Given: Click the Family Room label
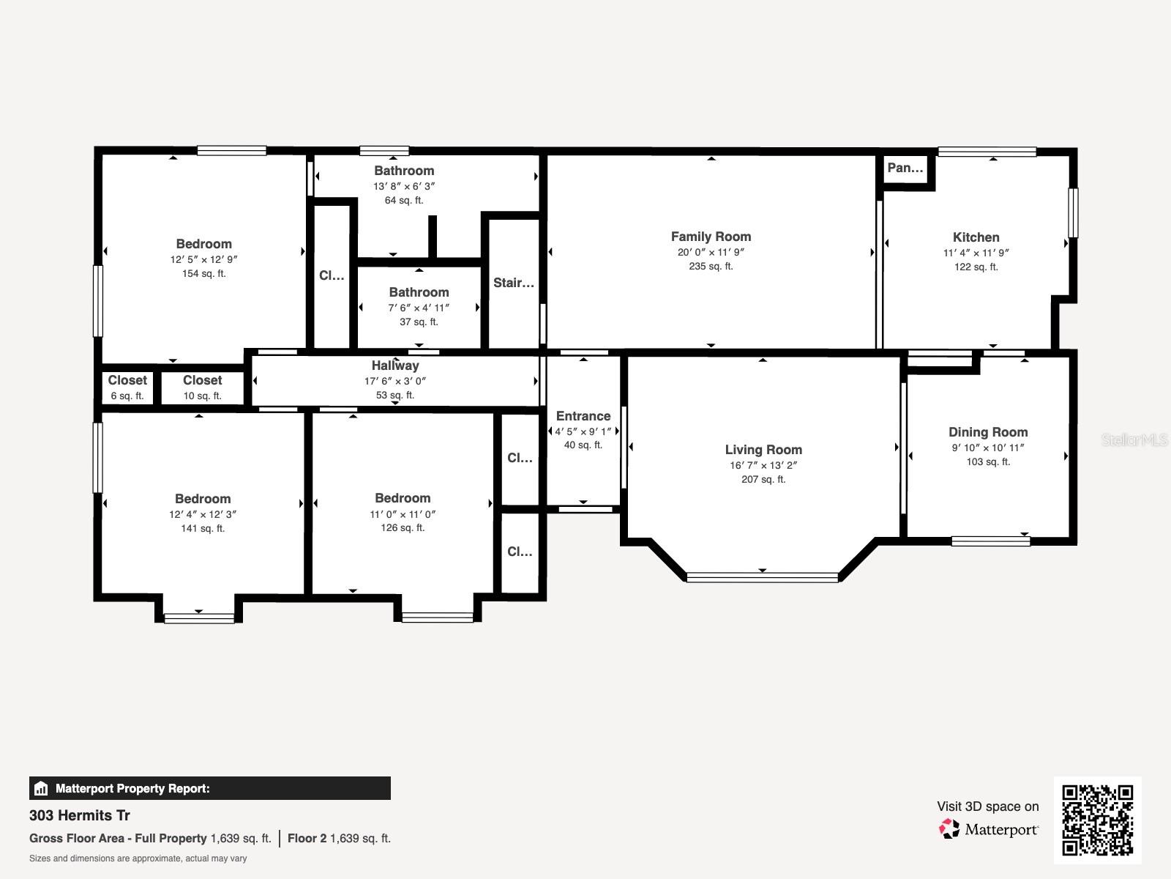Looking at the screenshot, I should pos(711,237).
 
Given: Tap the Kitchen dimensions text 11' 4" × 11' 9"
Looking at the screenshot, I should pos(976,253).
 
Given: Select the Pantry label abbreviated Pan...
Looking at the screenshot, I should pos(905,168).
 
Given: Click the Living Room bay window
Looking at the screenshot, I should pos(762,577).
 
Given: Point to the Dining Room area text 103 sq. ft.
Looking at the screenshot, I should pos(988,461).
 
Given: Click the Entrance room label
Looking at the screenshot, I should pos(583,416).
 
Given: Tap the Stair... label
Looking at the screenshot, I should pos(513,283).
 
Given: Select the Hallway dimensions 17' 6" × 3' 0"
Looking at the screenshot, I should pos(394,381).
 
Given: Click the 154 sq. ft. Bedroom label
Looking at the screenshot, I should pos(203,244).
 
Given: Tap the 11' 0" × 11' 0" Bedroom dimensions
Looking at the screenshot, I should pos(402,514).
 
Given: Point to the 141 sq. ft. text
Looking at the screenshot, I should pos(203,528).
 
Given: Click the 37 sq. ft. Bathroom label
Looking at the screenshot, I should pos(419,292).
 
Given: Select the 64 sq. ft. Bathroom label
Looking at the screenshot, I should pos(404,171).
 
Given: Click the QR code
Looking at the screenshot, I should pos(1097,820).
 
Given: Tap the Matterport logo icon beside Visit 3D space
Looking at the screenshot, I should pos(949,828).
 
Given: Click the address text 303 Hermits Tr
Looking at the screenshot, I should pos(80,815).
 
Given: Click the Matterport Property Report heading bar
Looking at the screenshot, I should pos(209,788).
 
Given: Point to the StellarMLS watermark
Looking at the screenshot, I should pos(1134,439).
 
